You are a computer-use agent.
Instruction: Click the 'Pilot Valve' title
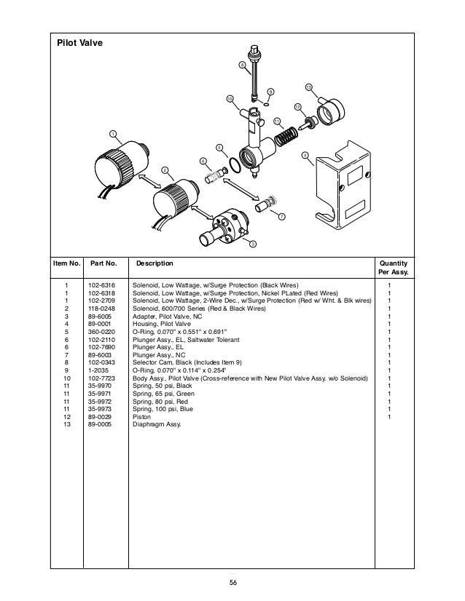[x=80, y=44]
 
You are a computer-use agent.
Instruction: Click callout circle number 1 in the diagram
[x=113, y=133]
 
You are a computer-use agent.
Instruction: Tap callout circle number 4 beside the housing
[x=304, y=155]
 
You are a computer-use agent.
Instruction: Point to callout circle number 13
[x=308, y=87]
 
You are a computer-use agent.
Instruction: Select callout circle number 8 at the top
[x=243, y=66]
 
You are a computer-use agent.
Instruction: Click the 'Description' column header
[x=155, y=263]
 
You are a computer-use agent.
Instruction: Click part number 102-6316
[x=100, y=284]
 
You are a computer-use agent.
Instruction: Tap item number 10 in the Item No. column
[x=66, y=378]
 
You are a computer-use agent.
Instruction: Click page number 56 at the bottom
[x=232, y=581]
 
